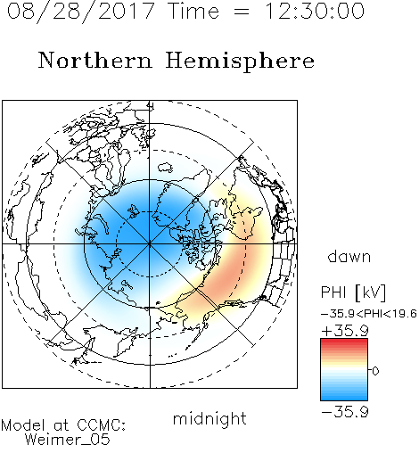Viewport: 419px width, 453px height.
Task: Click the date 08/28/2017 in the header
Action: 81,12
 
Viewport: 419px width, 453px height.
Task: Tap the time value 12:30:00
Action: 315,12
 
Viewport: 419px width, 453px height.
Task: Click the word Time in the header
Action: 193,12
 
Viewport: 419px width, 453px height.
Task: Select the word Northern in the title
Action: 95,60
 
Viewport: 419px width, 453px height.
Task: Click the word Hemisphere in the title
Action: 240,61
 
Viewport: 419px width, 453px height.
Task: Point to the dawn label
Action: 349,256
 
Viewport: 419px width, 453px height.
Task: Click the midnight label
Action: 209,418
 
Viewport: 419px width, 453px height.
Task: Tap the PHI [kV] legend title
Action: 353,292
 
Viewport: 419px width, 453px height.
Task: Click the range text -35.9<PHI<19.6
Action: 369,314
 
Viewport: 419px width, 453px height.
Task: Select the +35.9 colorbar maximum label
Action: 345,331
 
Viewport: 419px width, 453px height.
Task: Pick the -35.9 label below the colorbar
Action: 345,412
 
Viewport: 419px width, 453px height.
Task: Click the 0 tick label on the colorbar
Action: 375,371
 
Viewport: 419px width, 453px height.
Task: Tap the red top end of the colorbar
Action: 344,341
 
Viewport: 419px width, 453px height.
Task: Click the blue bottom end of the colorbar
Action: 344,398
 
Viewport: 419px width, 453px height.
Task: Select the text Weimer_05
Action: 68,440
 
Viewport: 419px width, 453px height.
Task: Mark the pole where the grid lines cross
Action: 150,244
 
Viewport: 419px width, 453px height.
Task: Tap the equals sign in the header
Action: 242,12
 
